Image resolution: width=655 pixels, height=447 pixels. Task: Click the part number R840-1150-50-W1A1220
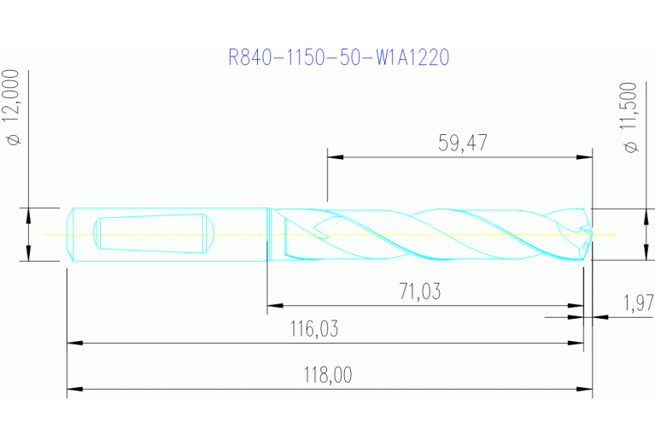coord(339,57)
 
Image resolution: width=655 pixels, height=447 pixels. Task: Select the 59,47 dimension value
coord(462,143)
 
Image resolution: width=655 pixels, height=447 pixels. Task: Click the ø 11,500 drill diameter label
coord(631,118)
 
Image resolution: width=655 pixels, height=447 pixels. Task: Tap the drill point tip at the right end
coord(588,232)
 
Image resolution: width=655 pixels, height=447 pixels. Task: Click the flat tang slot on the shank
coord(149,233)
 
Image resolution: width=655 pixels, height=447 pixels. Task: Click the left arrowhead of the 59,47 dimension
coord(334,157)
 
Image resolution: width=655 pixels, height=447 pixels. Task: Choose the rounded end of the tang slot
coord(208,233)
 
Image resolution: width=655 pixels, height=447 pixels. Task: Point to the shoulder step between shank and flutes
coord(269,233)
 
